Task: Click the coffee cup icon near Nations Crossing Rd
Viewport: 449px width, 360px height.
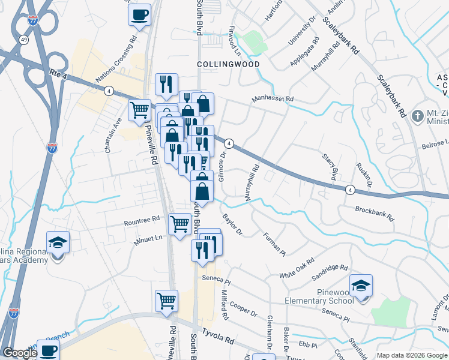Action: pos(139,14)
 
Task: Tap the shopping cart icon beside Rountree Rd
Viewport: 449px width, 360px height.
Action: pos(179,225)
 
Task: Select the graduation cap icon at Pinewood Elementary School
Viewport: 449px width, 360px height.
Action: pos(361,286)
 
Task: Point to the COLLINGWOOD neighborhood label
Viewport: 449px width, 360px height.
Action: pos(228,64)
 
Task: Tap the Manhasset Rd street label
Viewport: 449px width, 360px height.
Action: pos(273,98)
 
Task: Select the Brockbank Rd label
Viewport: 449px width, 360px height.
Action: pos(373,212)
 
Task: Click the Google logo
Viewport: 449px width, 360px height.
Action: pos(20,353)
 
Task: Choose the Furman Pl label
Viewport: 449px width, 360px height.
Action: pos(273,244)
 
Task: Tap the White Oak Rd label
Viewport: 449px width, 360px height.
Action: pos(297,269)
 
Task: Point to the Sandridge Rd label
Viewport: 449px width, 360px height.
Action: pos(330,272)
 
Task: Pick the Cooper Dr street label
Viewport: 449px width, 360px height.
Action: pos(243,308)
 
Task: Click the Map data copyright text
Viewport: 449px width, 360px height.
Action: pos(411,355)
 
